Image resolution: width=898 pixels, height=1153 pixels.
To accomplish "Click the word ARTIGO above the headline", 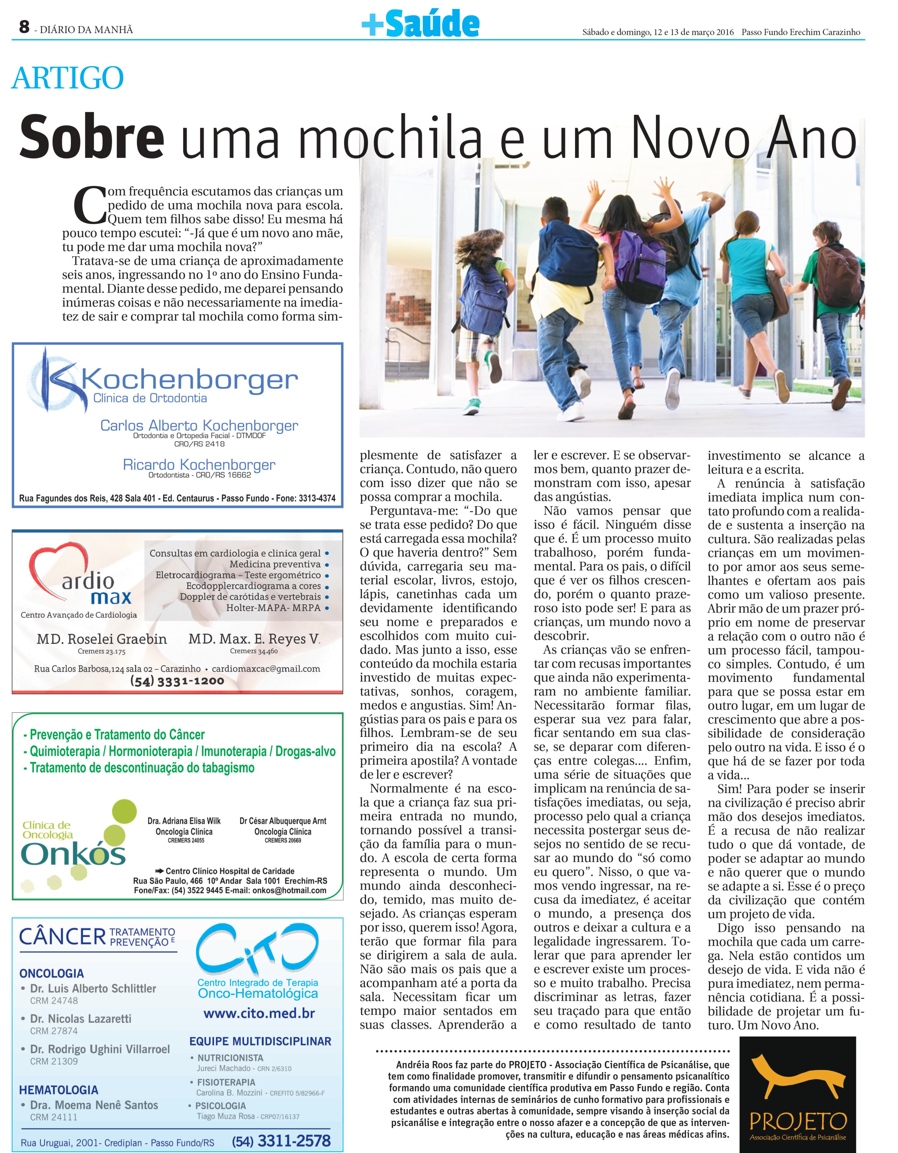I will click(68, 78).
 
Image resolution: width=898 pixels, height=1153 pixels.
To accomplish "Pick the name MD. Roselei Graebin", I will click(101, 639).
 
